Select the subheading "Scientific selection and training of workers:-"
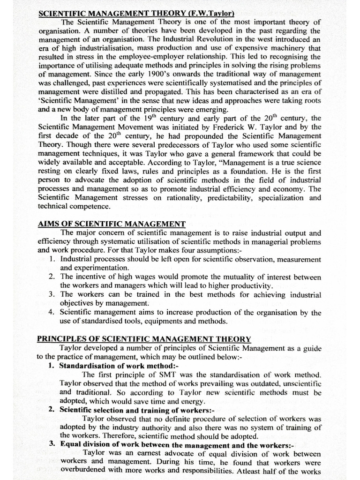(x=124, y=409)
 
